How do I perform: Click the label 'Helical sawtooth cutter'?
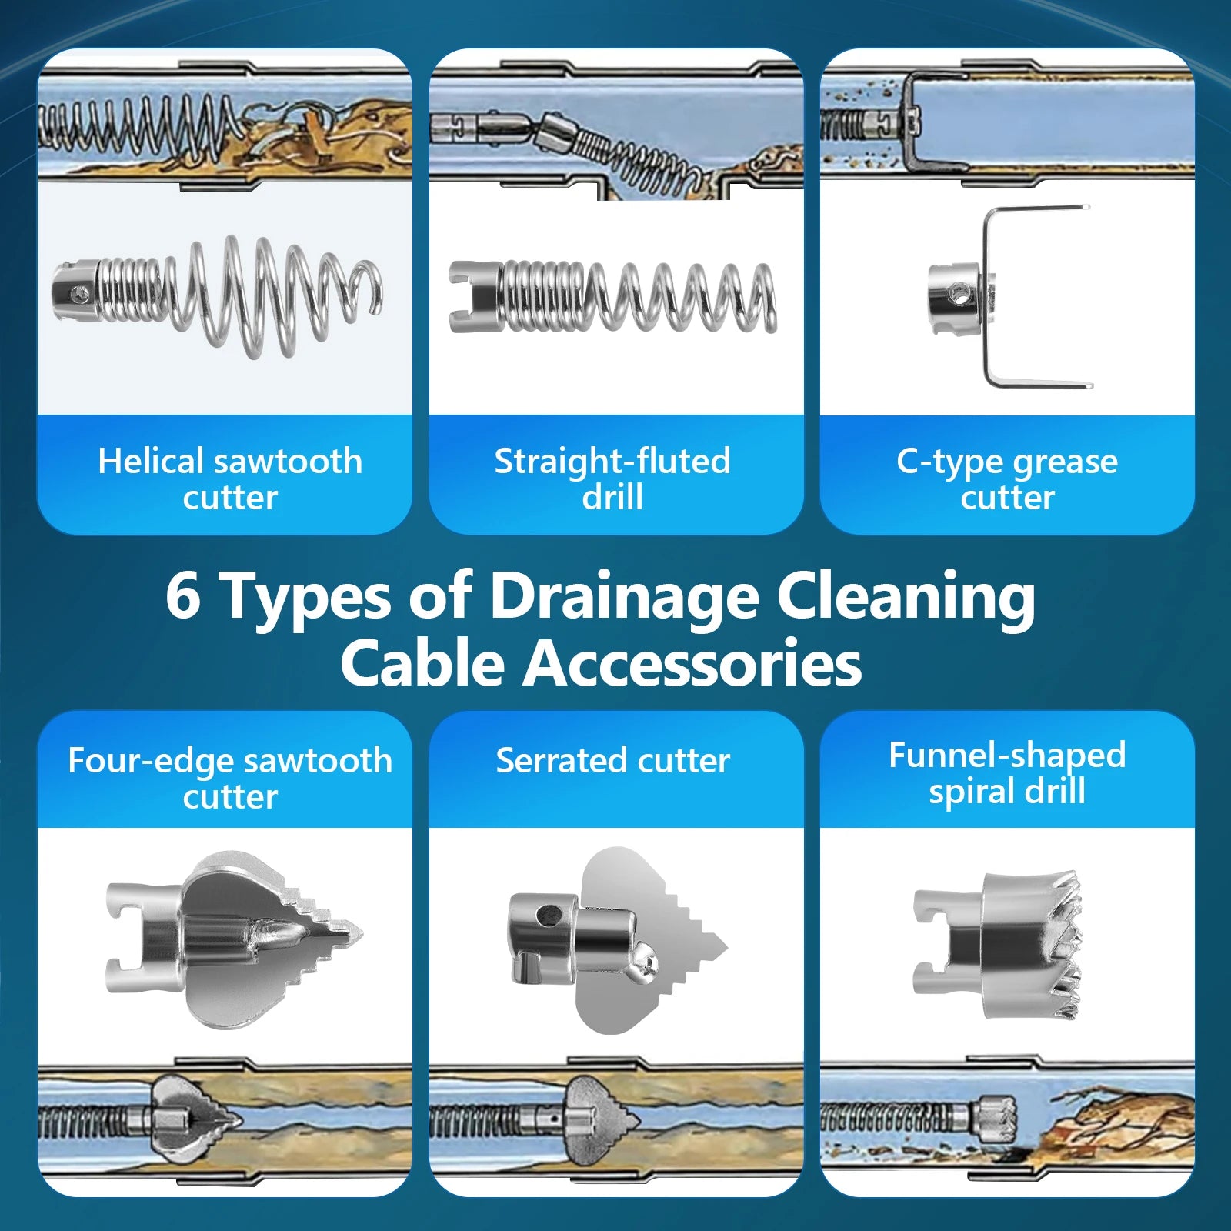pyautogui.click(x=230, y=479)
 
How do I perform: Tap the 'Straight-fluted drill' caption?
pyautogui.click(x=612, y=479)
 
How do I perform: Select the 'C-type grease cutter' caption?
pyautogui.click(x=1007, y=479)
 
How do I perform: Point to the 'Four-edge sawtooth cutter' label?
pyautogui.click(x=230, y=778)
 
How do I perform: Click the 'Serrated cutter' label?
pyautogui.click(x=612, y=760)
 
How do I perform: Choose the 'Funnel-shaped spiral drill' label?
pyautogui.click(x=1007, y=772)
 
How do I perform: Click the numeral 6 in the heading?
pyautogui.click(x=183, y=595)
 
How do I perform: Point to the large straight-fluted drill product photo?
pyautogui.click(x=612, y=297)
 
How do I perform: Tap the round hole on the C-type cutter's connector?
pyautogui.click(x=959, y=292)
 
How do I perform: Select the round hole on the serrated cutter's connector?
pyautogui.click(x=549, y=915)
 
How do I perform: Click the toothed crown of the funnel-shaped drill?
pyautogui.click(x=1065, y=944)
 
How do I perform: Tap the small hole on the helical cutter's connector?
pyautogui.click(x=75, y=293)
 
